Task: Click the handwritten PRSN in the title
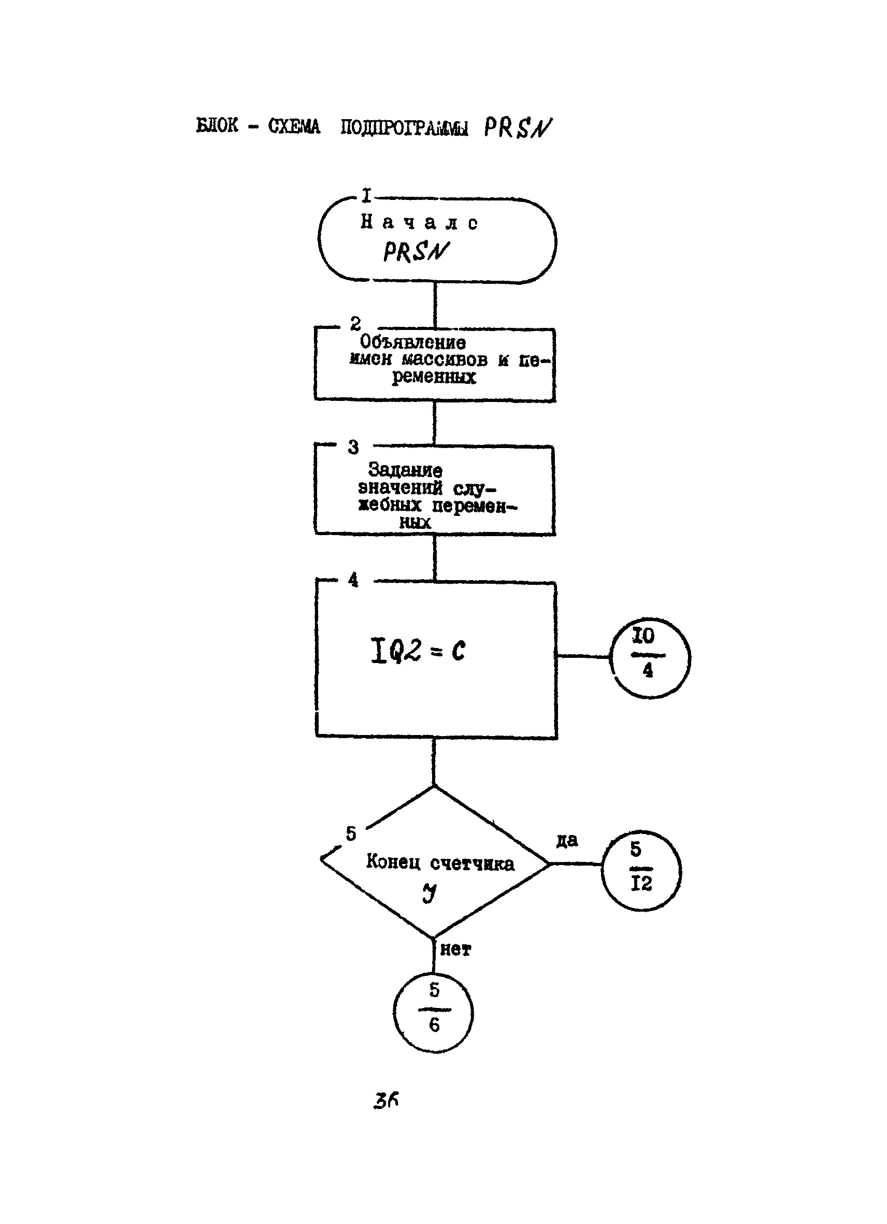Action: (x=517, y=128)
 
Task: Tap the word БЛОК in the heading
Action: (x=217, y=126)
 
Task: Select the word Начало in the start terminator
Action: (x=419, y=222)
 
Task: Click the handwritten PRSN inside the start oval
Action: (x=416, y=252)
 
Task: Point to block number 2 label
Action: (x=355, y=324)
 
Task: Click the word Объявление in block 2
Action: (x=412, y=342)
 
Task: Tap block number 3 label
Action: (x=353, y=447)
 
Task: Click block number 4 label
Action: (x=353, y=580)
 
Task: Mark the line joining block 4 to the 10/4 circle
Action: (x=583, y=656)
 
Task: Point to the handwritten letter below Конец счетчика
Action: (x=429, y=894)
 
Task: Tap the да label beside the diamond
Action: (x=567, y=840)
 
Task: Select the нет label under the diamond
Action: (x=455, y=950)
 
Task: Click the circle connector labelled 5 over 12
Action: (x=641, y=871)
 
